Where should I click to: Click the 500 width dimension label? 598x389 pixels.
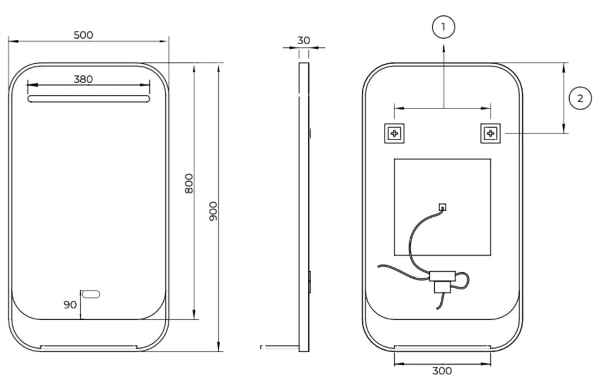click(83, 35)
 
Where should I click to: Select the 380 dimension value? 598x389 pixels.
click(83, 79)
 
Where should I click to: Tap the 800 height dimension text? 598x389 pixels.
click(189, 184)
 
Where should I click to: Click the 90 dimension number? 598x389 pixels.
click(70, 304)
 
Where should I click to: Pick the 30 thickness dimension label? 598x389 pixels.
click(304, 40)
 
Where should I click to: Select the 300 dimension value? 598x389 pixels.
click(441, 371)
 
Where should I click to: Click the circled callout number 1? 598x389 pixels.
click(444, 27)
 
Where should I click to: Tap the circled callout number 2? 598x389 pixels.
click(579, 98)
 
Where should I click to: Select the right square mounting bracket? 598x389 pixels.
click(490, 133)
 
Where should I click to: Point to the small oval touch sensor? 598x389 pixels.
click(90, 295)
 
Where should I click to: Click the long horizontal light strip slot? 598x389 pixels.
click(88, 99)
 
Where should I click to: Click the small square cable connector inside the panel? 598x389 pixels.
click(442, 207)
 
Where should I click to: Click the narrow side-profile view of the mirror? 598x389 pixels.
click(304, 207)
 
